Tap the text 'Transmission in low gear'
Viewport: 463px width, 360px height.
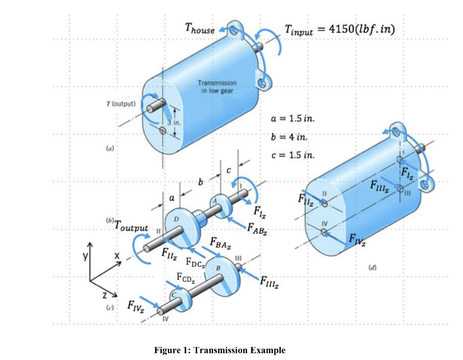tap(217, 86)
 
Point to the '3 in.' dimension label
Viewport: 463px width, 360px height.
tap(175, 122)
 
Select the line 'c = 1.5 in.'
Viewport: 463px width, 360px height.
tap(292, 155)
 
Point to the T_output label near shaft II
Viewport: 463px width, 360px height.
tap(132, 225)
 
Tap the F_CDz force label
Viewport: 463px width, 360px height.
tap(185, 277)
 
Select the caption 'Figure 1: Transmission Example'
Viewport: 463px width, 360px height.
tap(220, 350)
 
